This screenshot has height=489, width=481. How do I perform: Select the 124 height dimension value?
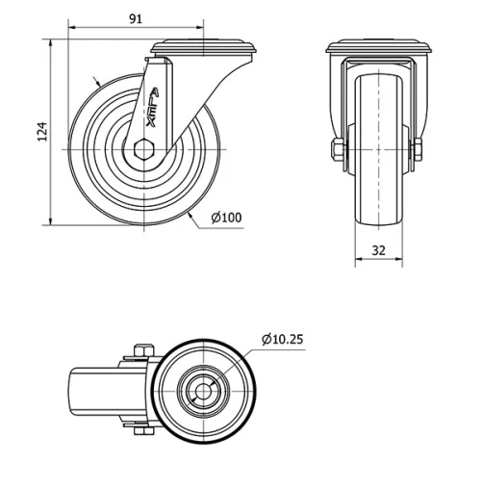[x=41, y=131]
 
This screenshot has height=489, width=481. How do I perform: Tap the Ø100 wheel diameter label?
[x=226, y=218]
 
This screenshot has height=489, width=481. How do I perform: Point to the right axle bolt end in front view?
[x=418, y=150]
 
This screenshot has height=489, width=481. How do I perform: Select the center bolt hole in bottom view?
[x=203, y=391]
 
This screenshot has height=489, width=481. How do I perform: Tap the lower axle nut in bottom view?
[x=141, y=430]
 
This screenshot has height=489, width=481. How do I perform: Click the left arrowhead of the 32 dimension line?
[x=358, y=261]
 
